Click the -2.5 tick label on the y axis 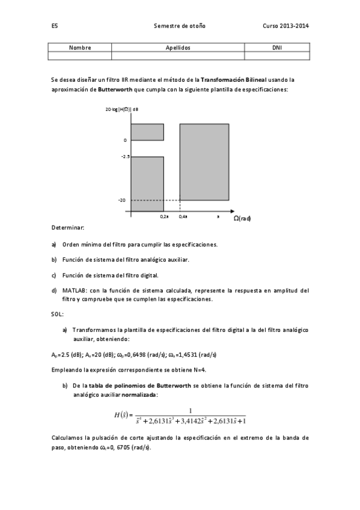[x=125, y=156]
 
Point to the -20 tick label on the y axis [x=123, y=200]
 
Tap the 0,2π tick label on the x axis [x=164, y=217]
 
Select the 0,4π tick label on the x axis [x=183, y=217]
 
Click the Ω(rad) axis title [x=242, y=218]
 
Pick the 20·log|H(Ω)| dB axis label [x=122, y=109]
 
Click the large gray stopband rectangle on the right [x=204, y=161]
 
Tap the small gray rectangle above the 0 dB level [x=147, y=132]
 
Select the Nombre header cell [x=79, y=47]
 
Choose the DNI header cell [x=276, y=47]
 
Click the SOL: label [x=57, y=314]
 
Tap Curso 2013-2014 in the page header [x=285, y=26]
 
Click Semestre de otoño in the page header [x=180, y=26]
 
